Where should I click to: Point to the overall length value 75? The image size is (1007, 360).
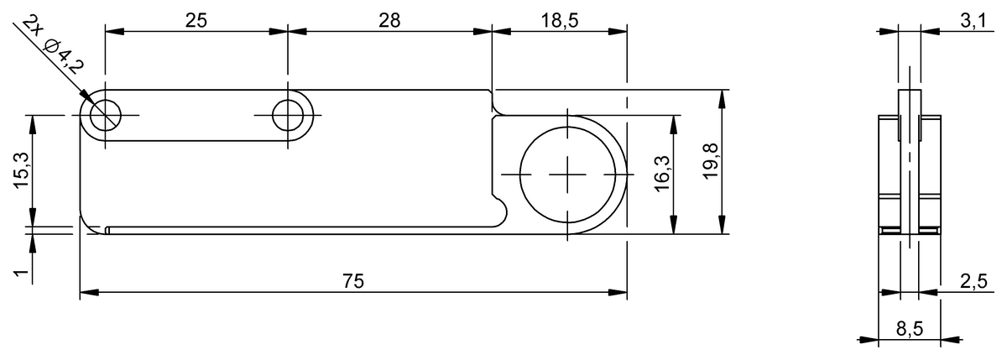click(x=353, y=281)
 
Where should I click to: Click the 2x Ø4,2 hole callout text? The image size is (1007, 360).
click(x=53, y=44)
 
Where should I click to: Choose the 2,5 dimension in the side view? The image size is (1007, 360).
click(x=973, y=281)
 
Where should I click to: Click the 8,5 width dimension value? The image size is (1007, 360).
click(x=909, y=329)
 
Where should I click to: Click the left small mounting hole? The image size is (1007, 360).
click(x=105, y=115)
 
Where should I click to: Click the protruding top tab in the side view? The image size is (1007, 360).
click(x=909, y=101)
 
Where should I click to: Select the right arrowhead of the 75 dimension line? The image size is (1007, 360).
click(x=620, y=293)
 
